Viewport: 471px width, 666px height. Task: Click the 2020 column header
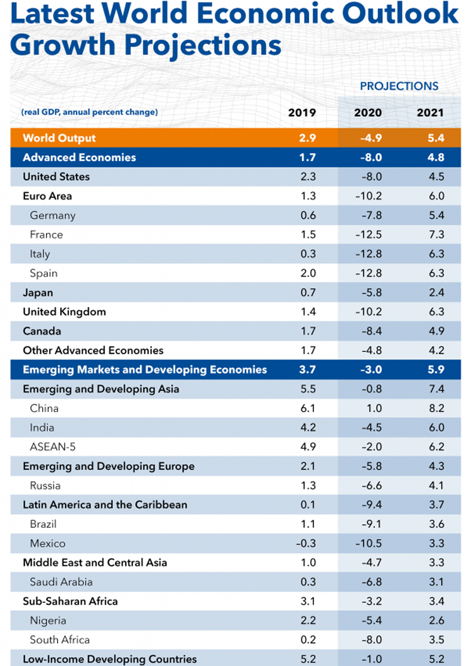pyautogui.click(x=368, y=113)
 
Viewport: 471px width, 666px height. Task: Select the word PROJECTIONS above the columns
pyautogui.click(x=399, y=86)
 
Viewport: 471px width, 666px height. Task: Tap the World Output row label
pyautogui.click(x=59, y=138)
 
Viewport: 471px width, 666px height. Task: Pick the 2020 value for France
pyautogui.click(x=368, y=234)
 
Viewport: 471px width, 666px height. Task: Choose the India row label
pyautogui.click(x=42, y=427)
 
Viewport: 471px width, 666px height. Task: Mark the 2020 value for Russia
pyautogui.click(x=368, y=485)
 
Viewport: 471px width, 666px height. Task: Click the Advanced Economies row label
pyautogui.click(x=79, y=157)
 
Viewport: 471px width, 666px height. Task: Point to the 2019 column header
pyautogui.click(x=302, y=113)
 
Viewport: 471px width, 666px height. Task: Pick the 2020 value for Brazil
pyautogui.click(x=368, y=524)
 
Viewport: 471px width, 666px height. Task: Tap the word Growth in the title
pyautogui.click(x=56, y=45)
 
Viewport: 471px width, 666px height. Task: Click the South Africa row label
pyautogui.click(x=60, y=640)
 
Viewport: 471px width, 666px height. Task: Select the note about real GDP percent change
pyautogui.click(x=89, y=113)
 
